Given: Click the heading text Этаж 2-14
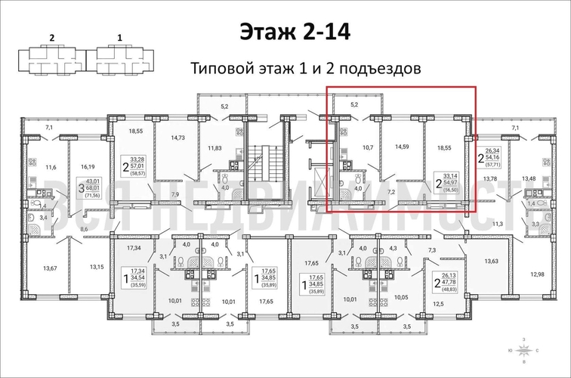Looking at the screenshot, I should (285, 32).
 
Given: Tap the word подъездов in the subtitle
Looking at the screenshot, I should (376, 69).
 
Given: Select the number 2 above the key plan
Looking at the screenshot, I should (52, 36).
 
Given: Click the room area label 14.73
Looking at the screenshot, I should (178, 138).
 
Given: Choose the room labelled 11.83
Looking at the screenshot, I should (215, 147).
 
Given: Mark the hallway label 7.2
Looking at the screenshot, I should (391, 192).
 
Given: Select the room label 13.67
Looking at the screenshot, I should (51, 268).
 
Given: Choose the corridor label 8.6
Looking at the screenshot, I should (84, 228).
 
